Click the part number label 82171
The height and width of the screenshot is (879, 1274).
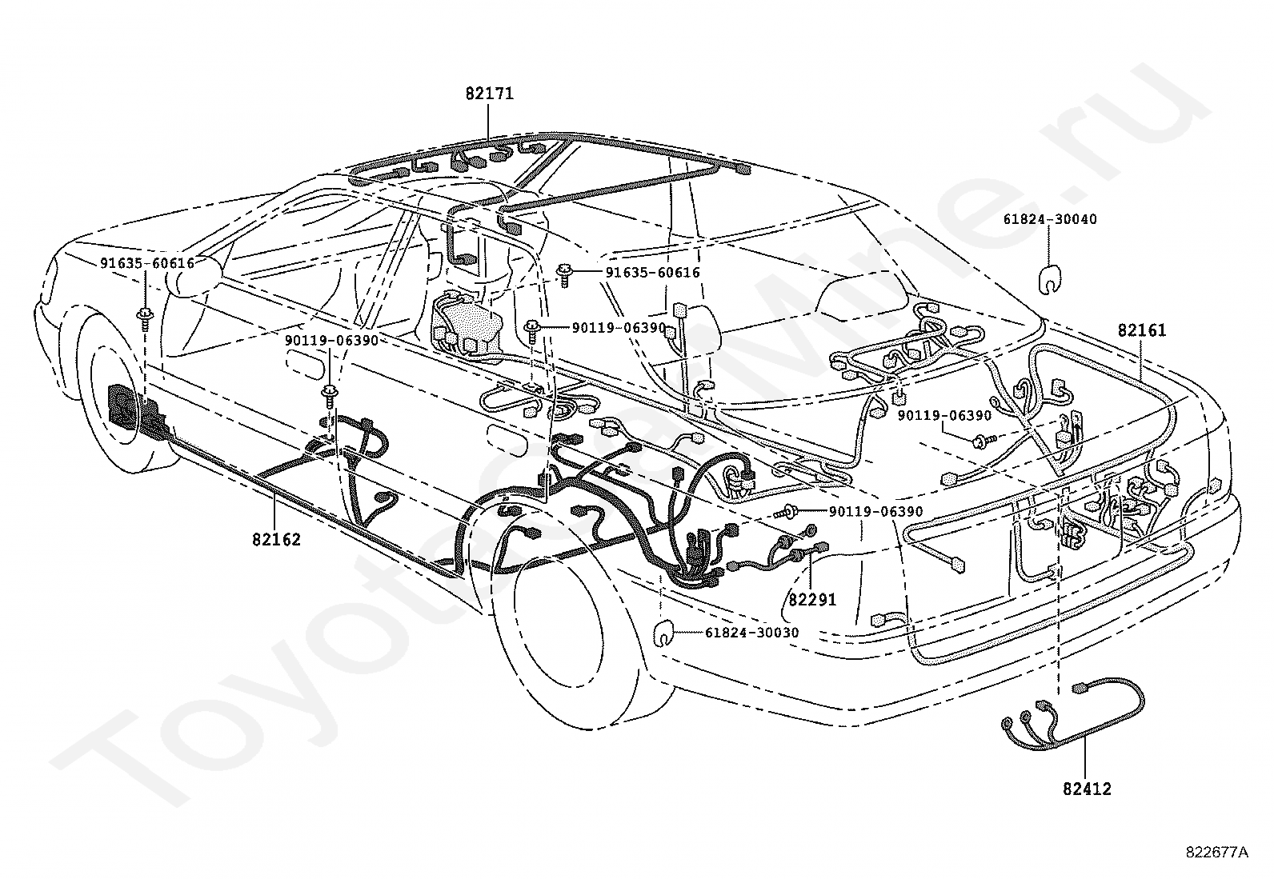point(489,94)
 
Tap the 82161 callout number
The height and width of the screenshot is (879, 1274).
point(1141,330)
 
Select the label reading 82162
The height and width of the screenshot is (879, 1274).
point(276,540)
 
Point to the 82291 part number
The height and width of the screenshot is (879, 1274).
point(812,599)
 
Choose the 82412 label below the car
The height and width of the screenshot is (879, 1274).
point(1087,789)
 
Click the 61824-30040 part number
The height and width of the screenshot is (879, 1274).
point(1050,219)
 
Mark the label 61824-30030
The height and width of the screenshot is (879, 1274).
point(752,632)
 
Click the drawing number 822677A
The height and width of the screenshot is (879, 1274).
point(1216,853)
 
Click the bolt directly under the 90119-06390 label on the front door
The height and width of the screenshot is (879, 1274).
point(329,394)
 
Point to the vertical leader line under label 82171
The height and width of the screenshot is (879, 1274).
point(488,122)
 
